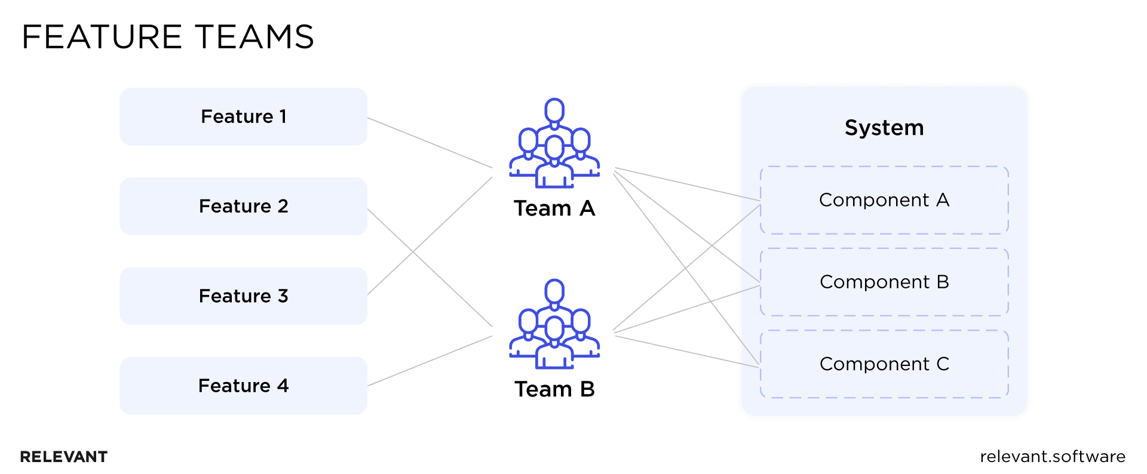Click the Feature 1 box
click(x=243, y=117)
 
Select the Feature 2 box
click(x=243, y=207)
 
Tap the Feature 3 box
click(x=243, y=296)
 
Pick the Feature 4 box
click(x=243, y=386)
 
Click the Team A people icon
click(x=554, y=143)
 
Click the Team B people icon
click(x=554, y=324)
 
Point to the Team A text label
click(x=554, y=208)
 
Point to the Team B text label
click(x=554, y=389)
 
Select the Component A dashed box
click(x=884, y=200)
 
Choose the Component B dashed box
click(x=884, y=282)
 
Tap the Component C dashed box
click(x=884, y=364)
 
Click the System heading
click(x=884, y=128)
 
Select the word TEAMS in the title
click(x=254, y=37)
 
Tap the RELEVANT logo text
click(x=63, y=457)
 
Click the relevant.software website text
click(x=1053, y=457)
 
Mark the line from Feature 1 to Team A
click(x=430, y=143)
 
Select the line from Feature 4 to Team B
click(x=430, y=361)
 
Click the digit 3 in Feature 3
click(x=283, y=296)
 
